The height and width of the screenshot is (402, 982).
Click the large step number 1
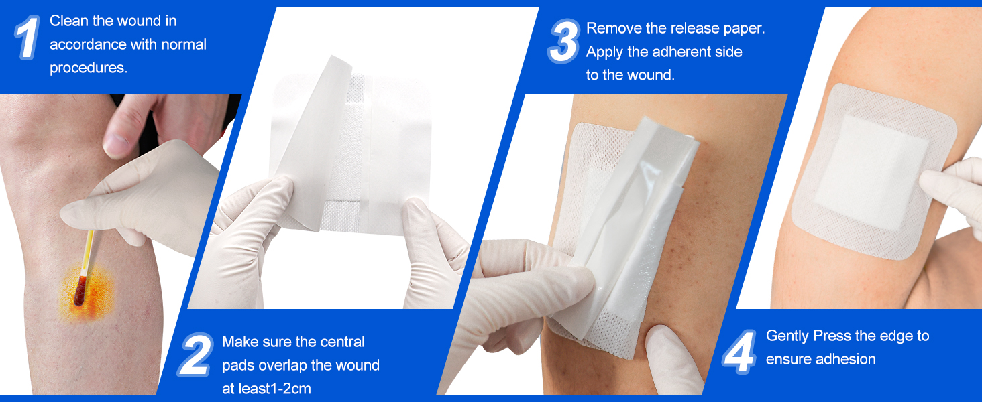tap(28, 38)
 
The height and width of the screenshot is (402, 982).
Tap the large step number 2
tap(195, 354)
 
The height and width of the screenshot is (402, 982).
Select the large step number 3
tap(563, 41)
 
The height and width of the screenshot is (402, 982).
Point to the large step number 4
tap(740, 352)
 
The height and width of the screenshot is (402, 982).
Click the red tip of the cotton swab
tap(80, 291)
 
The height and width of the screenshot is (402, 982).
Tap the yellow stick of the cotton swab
tap(88, 253)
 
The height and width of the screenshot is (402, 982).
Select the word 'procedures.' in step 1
tap(89, 68)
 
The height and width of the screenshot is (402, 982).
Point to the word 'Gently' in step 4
tap(787, 336)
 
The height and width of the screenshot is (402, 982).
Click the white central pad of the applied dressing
tap(872, 173)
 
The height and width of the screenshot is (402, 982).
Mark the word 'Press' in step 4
tap(832, 336)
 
